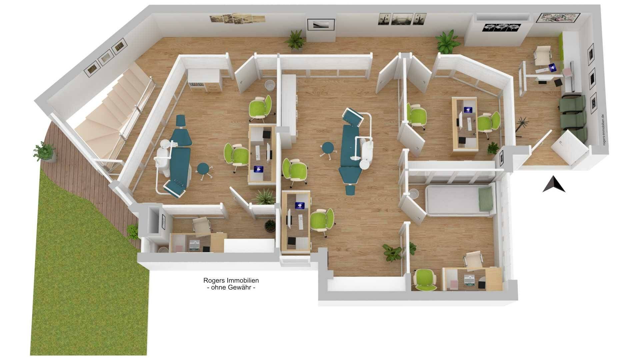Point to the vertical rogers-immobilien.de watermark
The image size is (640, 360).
(x=602, y=130)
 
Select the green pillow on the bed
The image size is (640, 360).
(x=485, y=199)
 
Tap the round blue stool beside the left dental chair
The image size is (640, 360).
(x=203, y=170)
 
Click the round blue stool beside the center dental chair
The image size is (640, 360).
(x=327, y=149)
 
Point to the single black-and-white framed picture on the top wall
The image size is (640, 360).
(x=321, y=24)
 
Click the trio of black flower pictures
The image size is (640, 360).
(x=499, y=27)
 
